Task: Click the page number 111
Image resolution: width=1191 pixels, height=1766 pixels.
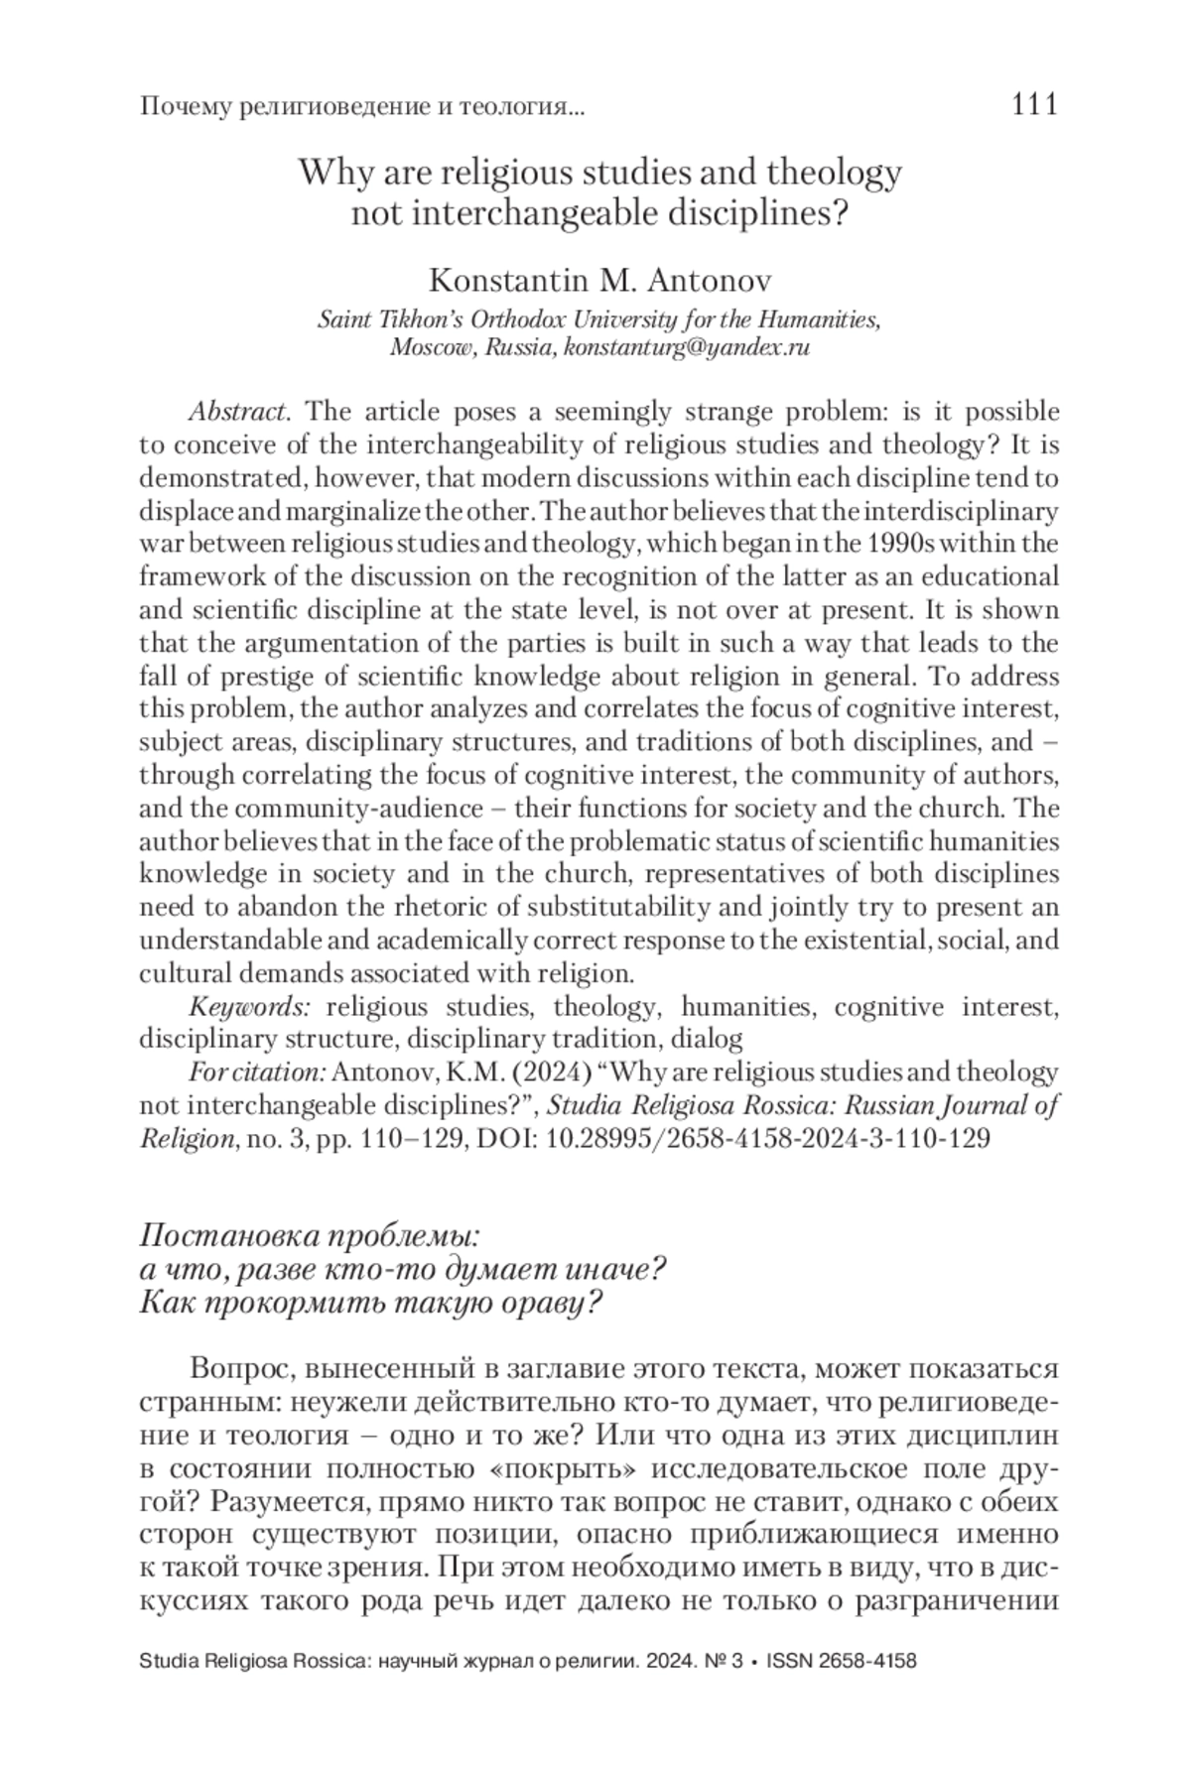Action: click(1034, 104)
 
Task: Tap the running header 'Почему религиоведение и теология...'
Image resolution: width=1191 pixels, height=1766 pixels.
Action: click(362, 106)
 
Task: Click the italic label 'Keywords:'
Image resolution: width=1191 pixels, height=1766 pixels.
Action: click(250, 1007)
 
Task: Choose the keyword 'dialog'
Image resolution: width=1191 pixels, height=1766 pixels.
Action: click(707, 1040)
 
